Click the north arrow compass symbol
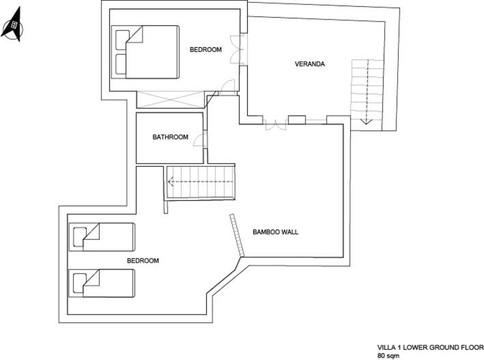(13, 25)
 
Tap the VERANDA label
(310, 64)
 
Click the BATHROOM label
(171, 137)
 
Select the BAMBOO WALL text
(275, 232)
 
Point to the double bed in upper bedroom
(145, 52)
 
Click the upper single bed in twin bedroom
(102, 237)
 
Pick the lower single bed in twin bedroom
(102, 283)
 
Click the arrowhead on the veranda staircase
(366, 121)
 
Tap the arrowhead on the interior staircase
(170, 182)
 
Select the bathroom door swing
(200, 139)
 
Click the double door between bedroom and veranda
(237, 49)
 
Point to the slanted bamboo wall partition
(237, 235)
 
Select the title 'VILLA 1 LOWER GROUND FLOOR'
(430, 347)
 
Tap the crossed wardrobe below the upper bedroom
(171, 100)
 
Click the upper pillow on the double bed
(123, 40)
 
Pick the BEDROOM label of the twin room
(143, 260)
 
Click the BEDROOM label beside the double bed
(205, 49)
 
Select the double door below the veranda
(275, 124)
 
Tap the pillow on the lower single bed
(80, 283)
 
